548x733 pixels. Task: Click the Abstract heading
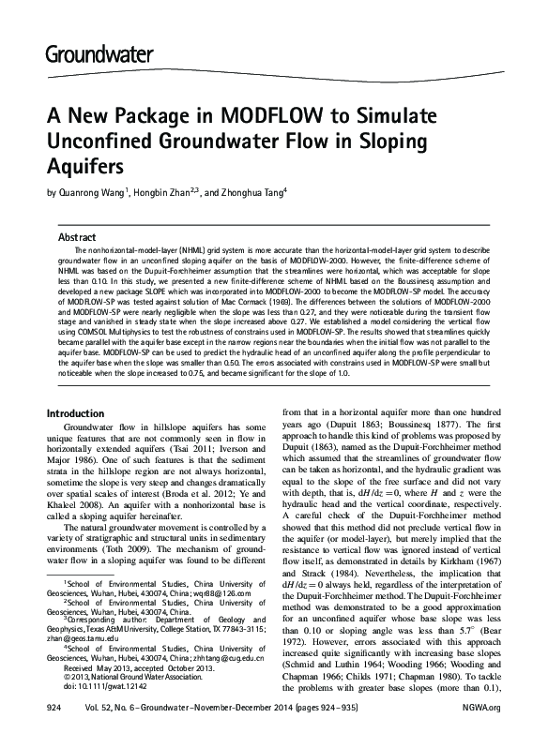(x=77, y=237)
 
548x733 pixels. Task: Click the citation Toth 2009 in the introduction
(x=115, y=553)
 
